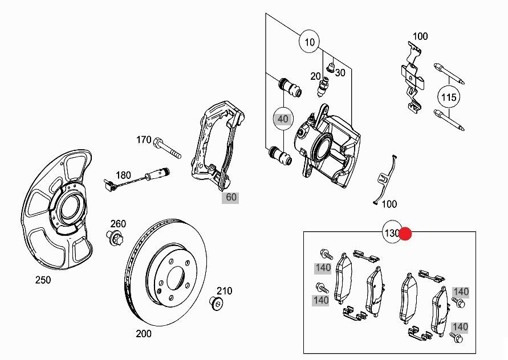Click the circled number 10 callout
pos(310,42)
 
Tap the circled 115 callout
pos(449,97)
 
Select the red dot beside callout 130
pos(405,234)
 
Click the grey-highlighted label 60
pos(231,198)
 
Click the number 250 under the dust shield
pos(43,280)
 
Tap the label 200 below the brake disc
pos(144,334)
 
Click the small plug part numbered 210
pos(217,302)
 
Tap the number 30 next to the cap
pos(340,73)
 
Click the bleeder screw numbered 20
pos(323,87)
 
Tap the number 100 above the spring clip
pos(420,36)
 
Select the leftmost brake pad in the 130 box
pos(344,277)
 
